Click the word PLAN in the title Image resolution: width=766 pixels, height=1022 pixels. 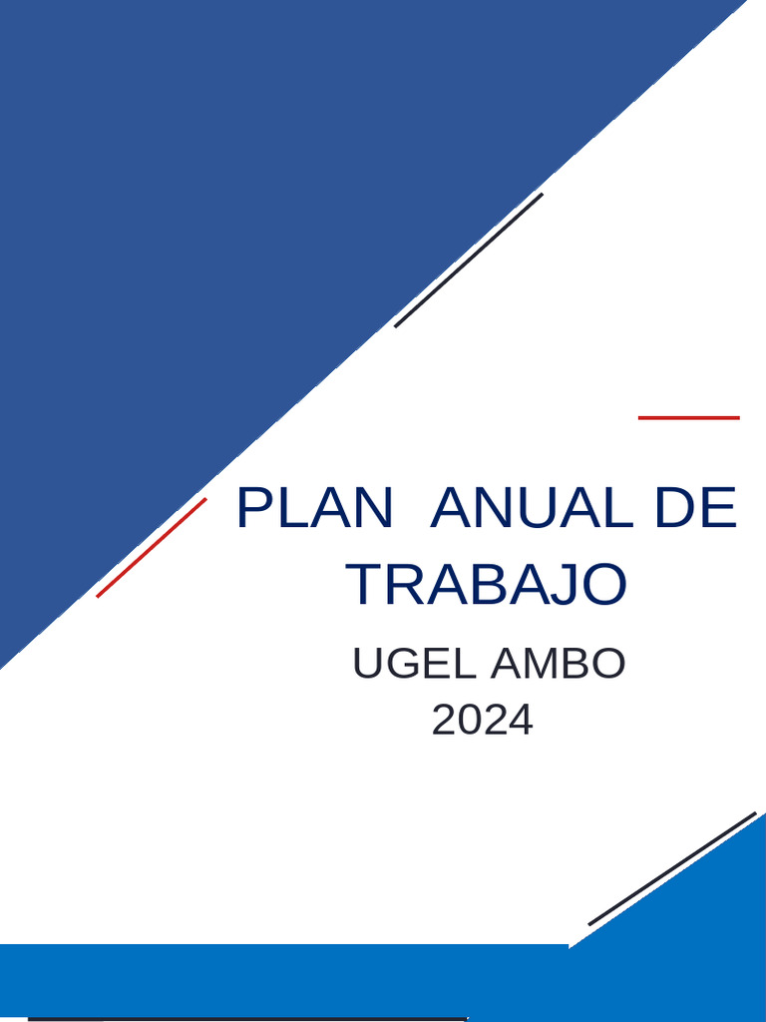coord(314,509)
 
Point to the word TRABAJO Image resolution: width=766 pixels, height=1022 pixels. coord(488,585)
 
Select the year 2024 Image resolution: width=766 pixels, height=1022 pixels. coord(483,721)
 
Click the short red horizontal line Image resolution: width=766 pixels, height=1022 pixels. coord(689,417)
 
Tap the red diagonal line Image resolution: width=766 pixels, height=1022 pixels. coord(152,547)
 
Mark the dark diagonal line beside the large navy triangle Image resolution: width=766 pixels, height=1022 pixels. coord(469,259)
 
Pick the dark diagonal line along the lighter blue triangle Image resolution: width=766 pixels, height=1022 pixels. coord(672,868)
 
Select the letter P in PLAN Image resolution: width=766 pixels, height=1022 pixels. coord(254,509)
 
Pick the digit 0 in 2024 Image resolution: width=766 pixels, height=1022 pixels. coord(470,721)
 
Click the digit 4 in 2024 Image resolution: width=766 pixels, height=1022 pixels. coord(521,721)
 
